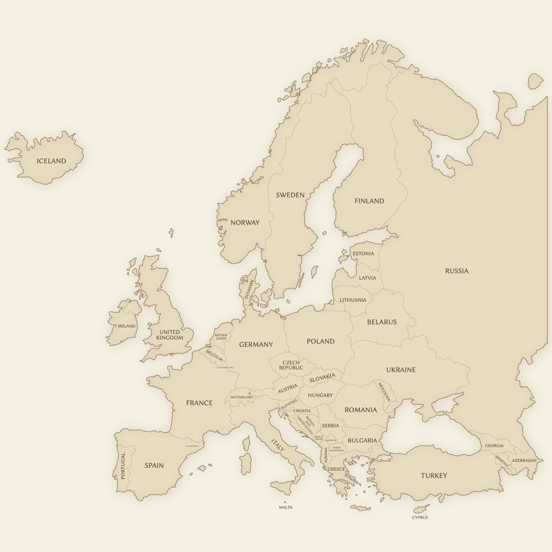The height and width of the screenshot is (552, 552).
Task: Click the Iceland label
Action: pos(52,161)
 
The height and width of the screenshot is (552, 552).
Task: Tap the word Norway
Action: pos(245,223)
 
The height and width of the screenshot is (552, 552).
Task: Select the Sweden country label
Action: pos(290,195)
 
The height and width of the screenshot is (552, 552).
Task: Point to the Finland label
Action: pos(369,201)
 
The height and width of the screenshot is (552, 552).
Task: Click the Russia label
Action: pos(456,271)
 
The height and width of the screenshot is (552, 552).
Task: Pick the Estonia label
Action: pos(363,254)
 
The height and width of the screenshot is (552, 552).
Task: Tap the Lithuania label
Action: pos(353,300)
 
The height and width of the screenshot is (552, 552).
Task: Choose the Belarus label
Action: pos(381,322)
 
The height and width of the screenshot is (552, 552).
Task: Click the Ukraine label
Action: pos(401,370)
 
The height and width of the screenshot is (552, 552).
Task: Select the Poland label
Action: pos(321,341)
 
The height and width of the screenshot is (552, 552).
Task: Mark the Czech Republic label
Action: pos(291,365)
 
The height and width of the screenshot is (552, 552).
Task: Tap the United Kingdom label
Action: pos(169,335)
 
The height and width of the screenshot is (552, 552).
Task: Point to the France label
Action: pos(199,403)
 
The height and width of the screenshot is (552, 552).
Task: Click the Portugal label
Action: pos(123,466)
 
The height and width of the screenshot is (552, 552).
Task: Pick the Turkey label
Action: pos(434,476)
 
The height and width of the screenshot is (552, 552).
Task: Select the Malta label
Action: pos(285,507)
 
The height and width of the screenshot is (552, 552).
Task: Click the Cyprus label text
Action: pos(420,517)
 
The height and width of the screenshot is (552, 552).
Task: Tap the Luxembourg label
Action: pos(225,368)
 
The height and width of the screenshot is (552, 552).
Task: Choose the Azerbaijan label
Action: pos(524,460)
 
